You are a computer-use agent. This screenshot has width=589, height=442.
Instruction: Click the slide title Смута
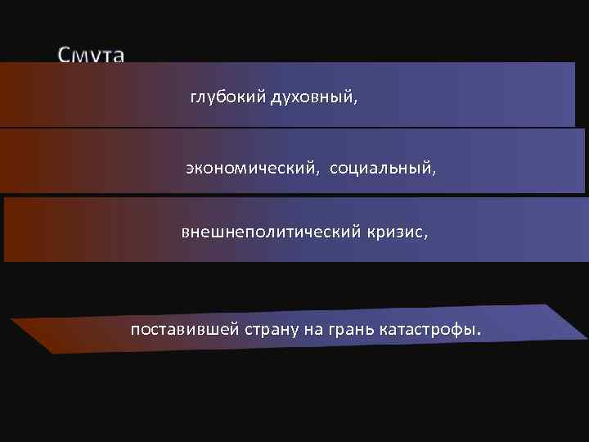point(91,56)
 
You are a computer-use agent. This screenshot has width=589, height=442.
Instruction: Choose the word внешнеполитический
point(270,232)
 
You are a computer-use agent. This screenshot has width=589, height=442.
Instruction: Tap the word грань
point(349,330)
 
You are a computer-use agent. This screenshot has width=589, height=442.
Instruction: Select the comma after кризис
point(425,237)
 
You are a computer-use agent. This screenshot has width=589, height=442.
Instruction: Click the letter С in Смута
point(65,56)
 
